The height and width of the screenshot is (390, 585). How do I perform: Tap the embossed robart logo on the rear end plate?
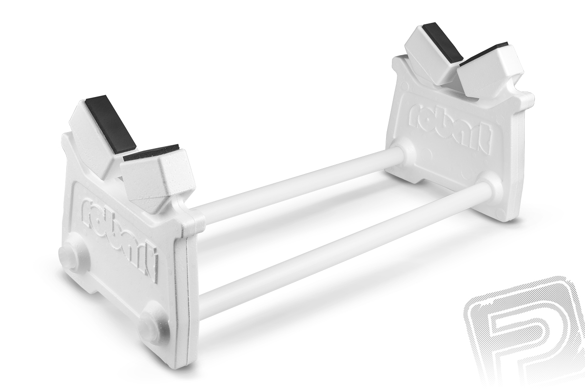point(448,129)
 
